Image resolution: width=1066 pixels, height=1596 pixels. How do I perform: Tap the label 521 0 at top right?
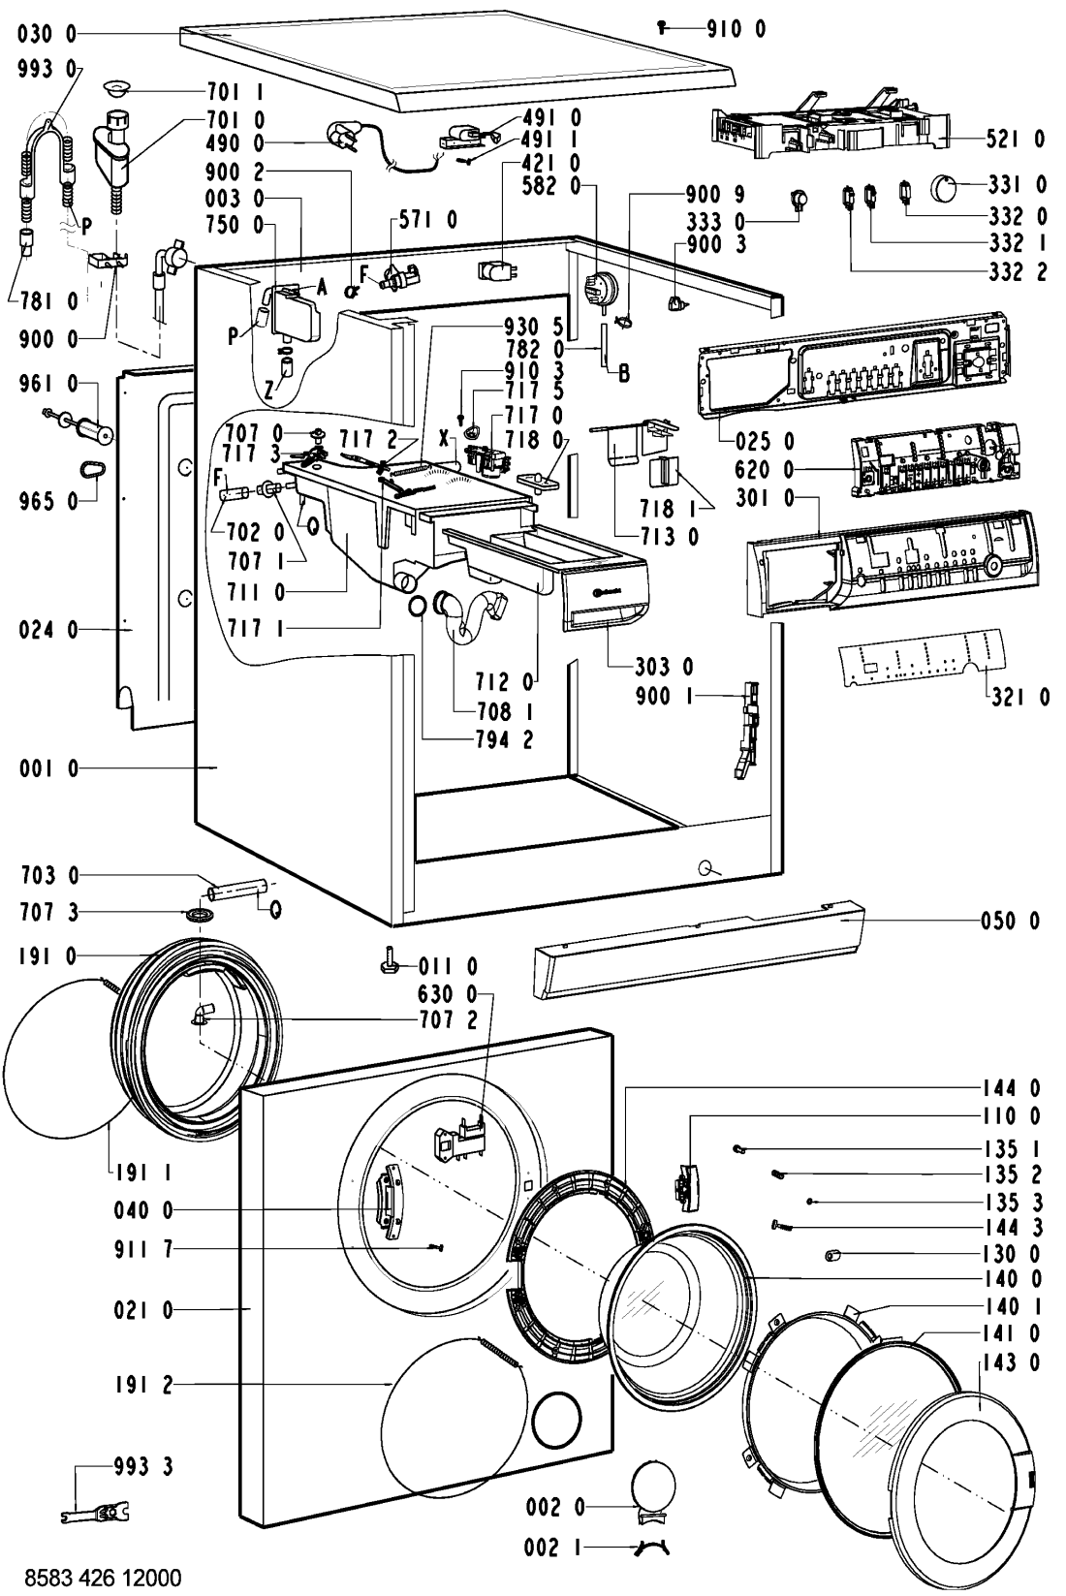pos(1015,140)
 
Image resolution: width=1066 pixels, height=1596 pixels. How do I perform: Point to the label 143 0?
pos(1014,1363)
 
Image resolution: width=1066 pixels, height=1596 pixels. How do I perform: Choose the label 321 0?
pos(1020,696)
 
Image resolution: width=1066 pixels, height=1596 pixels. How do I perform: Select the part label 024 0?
pos(47,631)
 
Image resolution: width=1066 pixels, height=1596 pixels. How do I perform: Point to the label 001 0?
pos(47,769)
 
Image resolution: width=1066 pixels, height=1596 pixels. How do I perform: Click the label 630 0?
pos(446,993)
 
